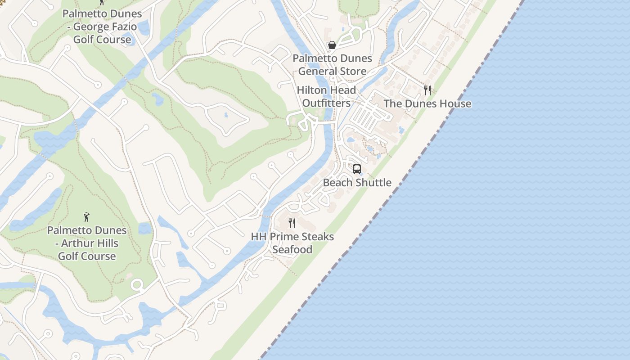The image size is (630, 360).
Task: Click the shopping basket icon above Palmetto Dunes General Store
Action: point(332,45)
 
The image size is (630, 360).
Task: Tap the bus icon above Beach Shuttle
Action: point(357,169)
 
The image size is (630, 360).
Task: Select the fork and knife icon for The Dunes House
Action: point(427,90)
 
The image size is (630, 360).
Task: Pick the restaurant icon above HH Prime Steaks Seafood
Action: point(292,223)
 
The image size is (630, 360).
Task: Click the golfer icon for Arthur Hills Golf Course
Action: point(86,217)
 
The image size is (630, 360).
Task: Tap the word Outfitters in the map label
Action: point(326,103)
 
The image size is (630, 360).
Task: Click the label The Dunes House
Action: point(427,103)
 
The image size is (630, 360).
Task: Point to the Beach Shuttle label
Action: point(357,182)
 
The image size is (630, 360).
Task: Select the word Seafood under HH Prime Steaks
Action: point(292,249)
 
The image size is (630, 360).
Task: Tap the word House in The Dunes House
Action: point(455,103)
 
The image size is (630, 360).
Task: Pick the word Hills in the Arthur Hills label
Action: point(107,243)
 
